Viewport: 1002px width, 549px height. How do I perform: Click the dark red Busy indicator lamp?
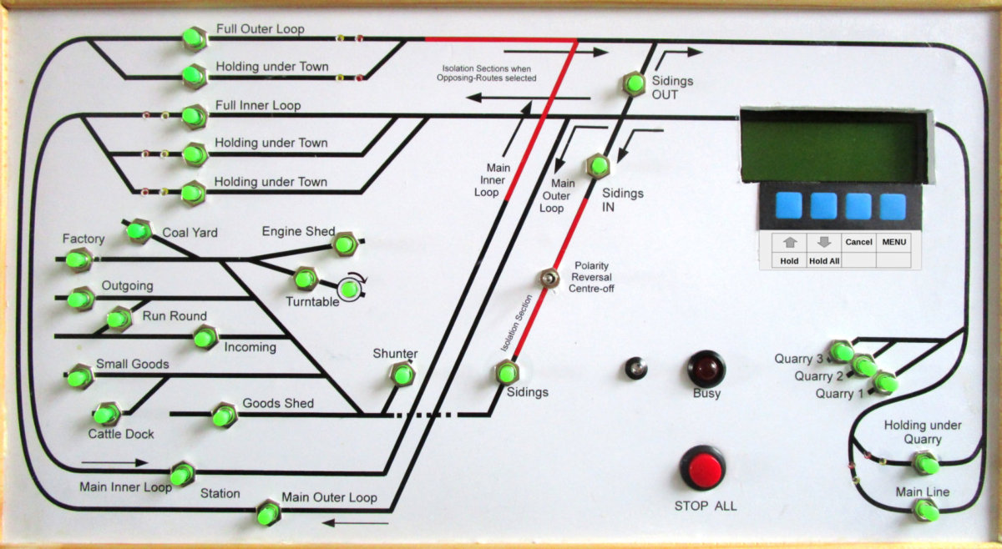click(706, 368)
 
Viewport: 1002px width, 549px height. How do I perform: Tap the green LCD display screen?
click(832, 146)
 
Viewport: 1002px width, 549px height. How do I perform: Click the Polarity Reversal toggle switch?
click(549, 278)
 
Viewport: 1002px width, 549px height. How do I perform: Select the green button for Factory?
click(78, 260)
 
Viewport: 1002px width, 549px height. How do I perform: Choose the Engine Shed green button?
click(344, 244)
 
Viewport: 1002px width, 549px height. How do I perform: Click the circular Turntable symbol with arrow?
click(350, 289)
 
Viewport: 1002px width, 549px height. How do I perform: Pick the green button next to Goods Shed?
click(224, 415)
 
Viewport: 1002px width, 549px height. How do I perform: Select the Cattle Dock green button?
click(106, 414)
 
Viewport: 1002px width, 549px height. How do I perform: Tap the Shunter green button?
click(402, 374)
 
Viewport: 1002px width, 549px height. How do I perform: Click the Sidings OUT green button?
click(634, 83)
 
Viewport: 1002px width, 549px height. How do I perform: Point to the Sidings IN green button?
click(597, 165)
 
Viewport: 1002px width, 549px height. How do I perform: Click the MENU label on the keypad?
click(893, 242)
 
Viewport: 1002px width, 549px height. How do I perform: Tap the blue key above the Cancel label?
click(858, 206)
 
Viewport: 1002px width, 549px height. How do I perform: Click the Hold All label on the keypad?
click(823, 261)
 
